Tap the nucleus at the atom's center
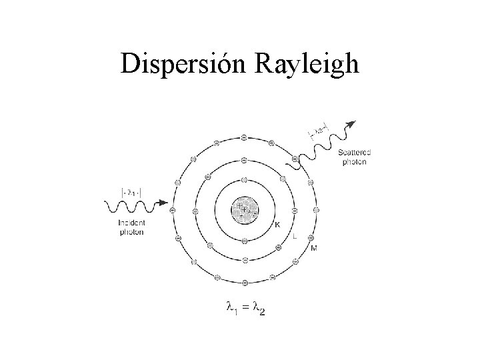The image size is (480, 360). point(244,210)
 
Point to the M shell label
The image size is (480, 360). point(314,249)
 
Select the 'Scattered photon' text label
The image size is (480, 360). point(355,157)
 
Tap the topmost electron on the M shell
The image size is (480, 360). point(244,137)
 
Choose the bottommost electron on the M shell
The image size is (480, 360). point(244,283)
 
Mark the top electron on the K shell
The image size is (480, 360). point(244,180)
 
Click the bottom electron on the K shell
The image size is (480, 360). point(244,240)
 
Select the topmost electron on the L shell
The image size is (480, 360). point(244,160)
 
